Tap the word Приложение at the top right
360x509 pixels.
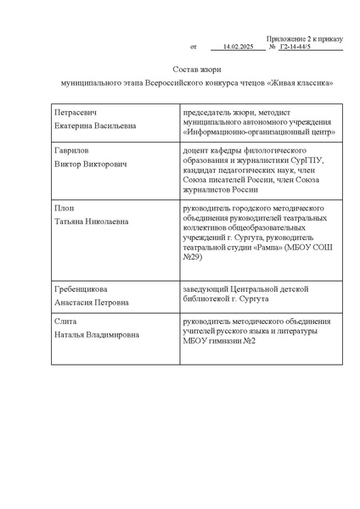(x=287, y=38)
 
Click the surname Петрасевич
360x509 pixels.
(x=76, y=112)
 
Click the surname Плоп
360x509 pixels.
(x=63, y=207)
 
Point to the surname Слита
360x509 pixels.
(x=65, y=323)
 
